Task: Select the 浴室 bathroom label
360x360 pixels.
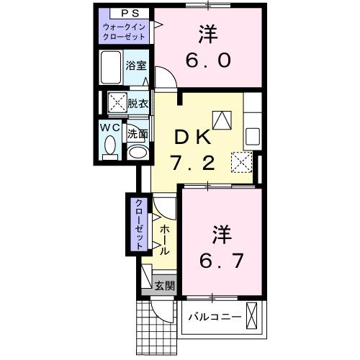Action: click(135, 66)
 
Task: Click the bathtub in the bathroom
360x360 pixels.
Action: click(112, 68)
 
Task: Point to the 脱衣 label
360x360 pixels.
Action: click(138, 103)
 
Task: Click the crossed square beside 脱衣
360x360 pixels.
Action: click(117, 103)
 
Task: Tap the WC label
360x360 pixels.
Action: click(110, 127)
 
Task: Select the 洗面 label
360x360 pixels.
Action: click(138, 133)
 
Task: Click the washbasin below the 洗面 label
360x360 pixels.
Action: click(137, 152)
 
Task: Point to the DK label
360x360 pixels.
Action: click(192, 137)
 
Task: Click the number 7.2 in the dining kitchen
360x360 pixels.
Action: click(192, 163)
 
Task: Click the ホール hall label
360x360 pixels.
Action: click(165, 239)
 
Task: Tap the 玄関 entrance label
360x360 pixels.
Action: click(165, 285)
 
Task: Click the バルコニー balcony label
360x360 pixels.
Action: click(213, 317)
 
